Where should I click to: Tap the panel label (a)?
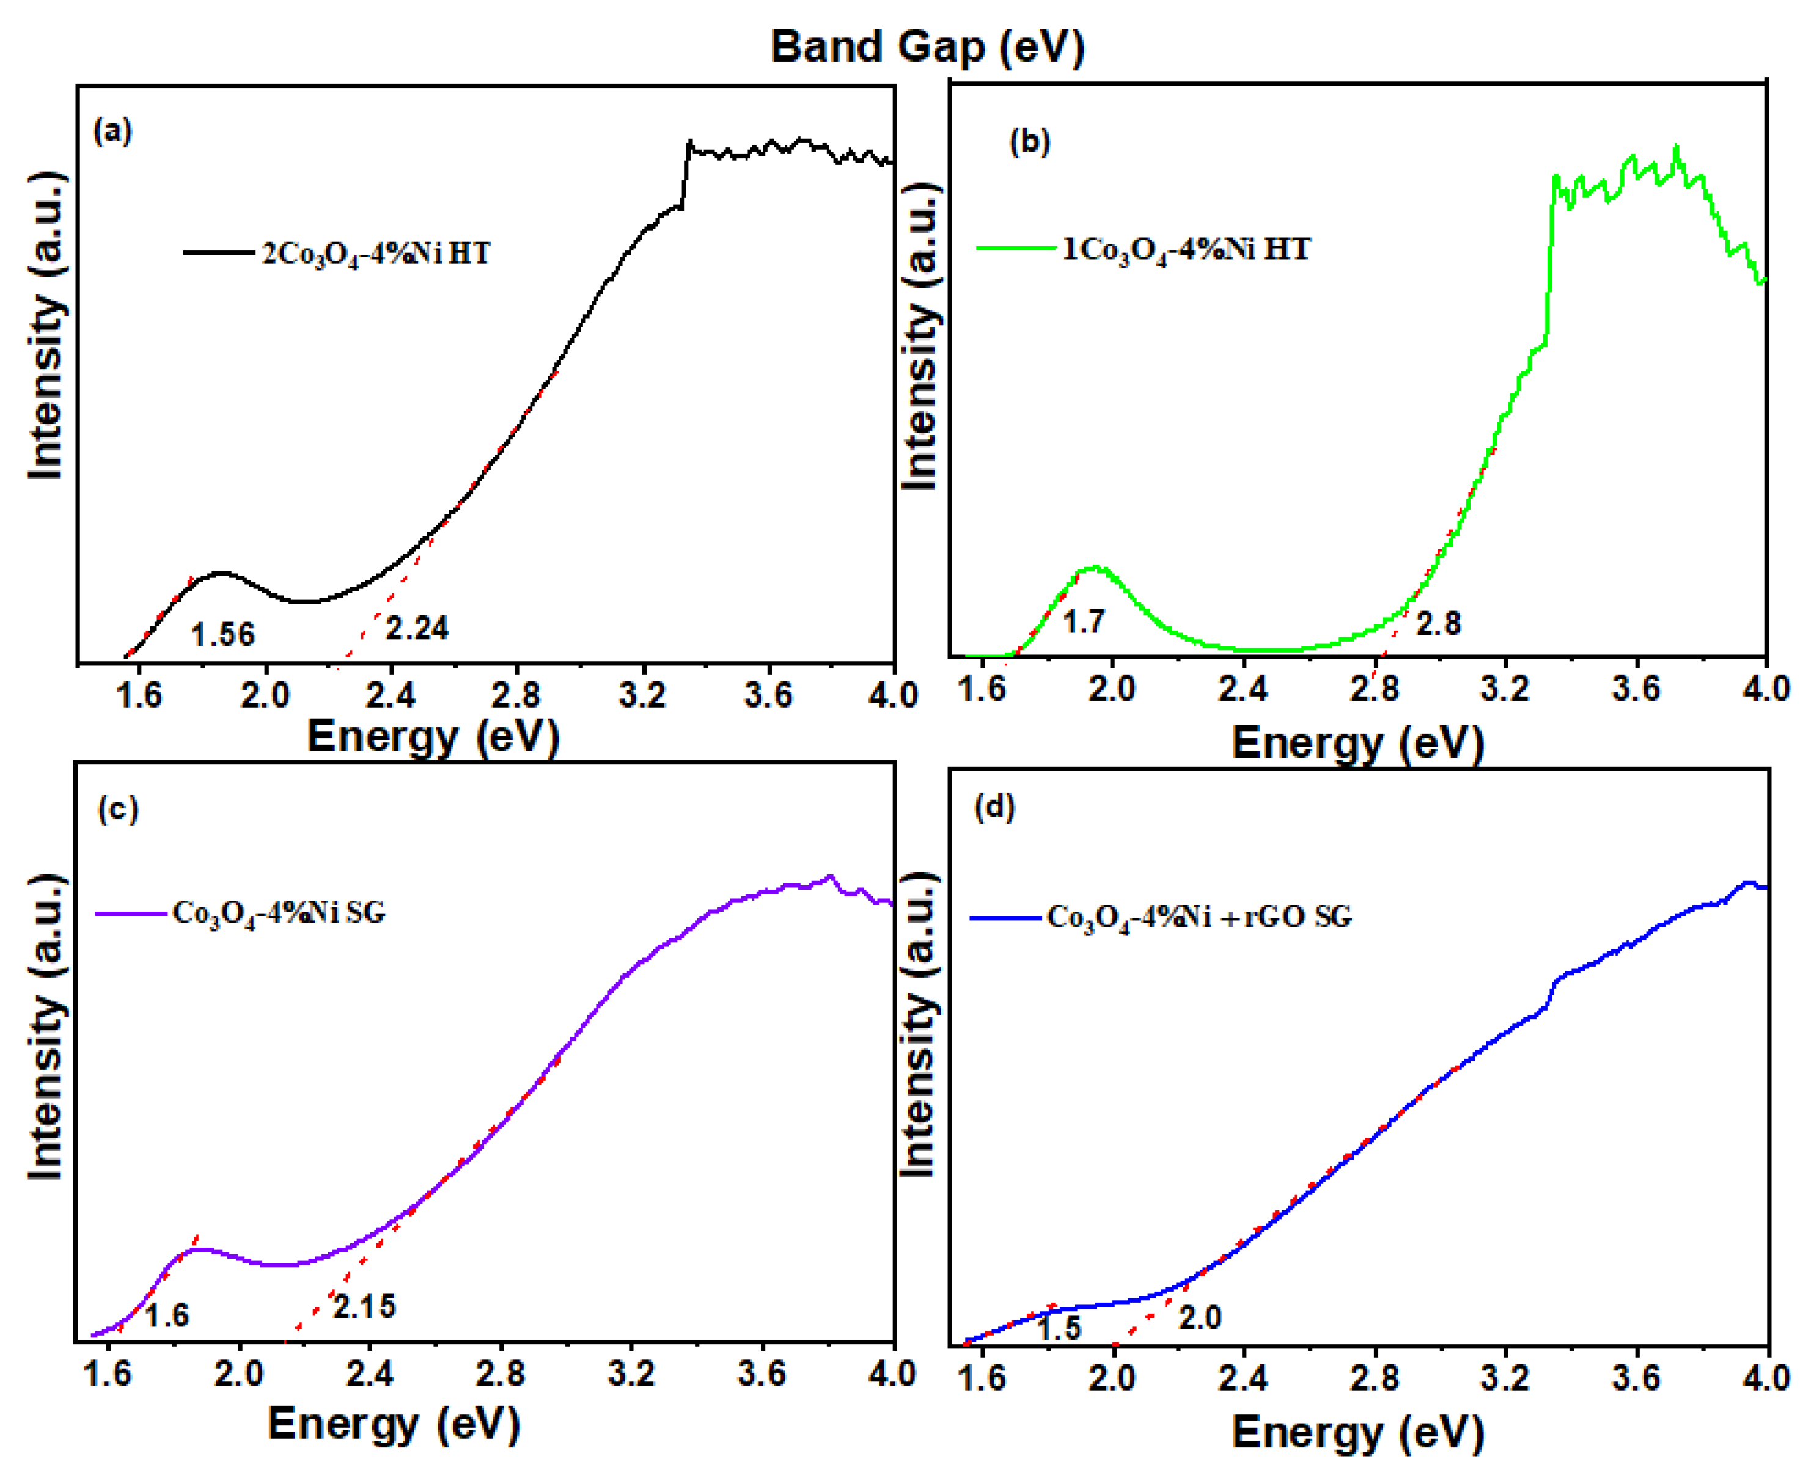click(x=112, y=131)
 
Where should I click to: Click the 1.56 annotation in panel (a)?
click(x=222, y=634)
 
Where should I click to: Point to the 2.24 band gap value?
click(x=417, y=627)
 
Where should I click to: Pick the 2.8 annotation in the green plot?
click(x=1438, y=623)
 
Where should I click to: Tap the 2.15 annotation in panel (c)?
click(x=364, y=1307)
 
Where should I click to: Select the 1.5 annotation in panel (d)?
click(x=1059, y=1328)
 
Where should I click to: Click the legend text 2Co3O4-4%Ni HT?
click(x=376, y=253)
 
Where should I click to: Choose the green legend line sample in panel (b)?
click(x=1015, y=248)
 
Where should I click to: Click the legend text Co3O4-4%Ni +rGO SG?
click(x=1199, y=916)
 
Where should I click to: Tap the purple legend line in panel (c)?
click(x=131, y=913)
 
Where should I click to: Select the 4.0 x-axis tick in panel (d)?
click(x=1765, y=1378)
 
